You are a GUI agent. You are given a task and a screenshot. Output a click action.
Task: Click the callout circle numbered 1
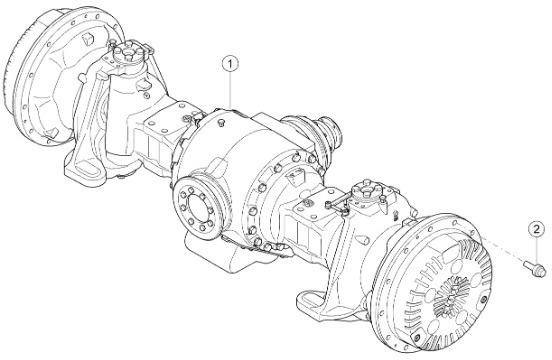(230, 64)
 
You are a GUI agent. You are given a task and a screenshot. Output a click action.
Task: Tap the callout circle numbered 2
(536, 230)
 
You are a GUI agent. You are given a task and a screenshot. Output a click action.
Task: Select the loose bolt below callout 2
(535, 269)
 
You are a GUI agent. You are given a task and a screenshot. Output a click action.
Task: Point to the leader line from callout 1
(230, 90)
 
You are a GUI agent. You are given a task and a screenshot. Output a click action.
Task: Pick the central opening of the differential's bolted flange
(197, 208)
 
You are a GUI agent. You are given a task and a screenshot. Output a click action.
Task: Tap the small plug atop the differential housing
(221, 122)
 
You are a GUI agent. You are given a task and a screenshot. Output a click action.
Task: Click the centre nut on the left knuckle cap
(128, 57)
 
